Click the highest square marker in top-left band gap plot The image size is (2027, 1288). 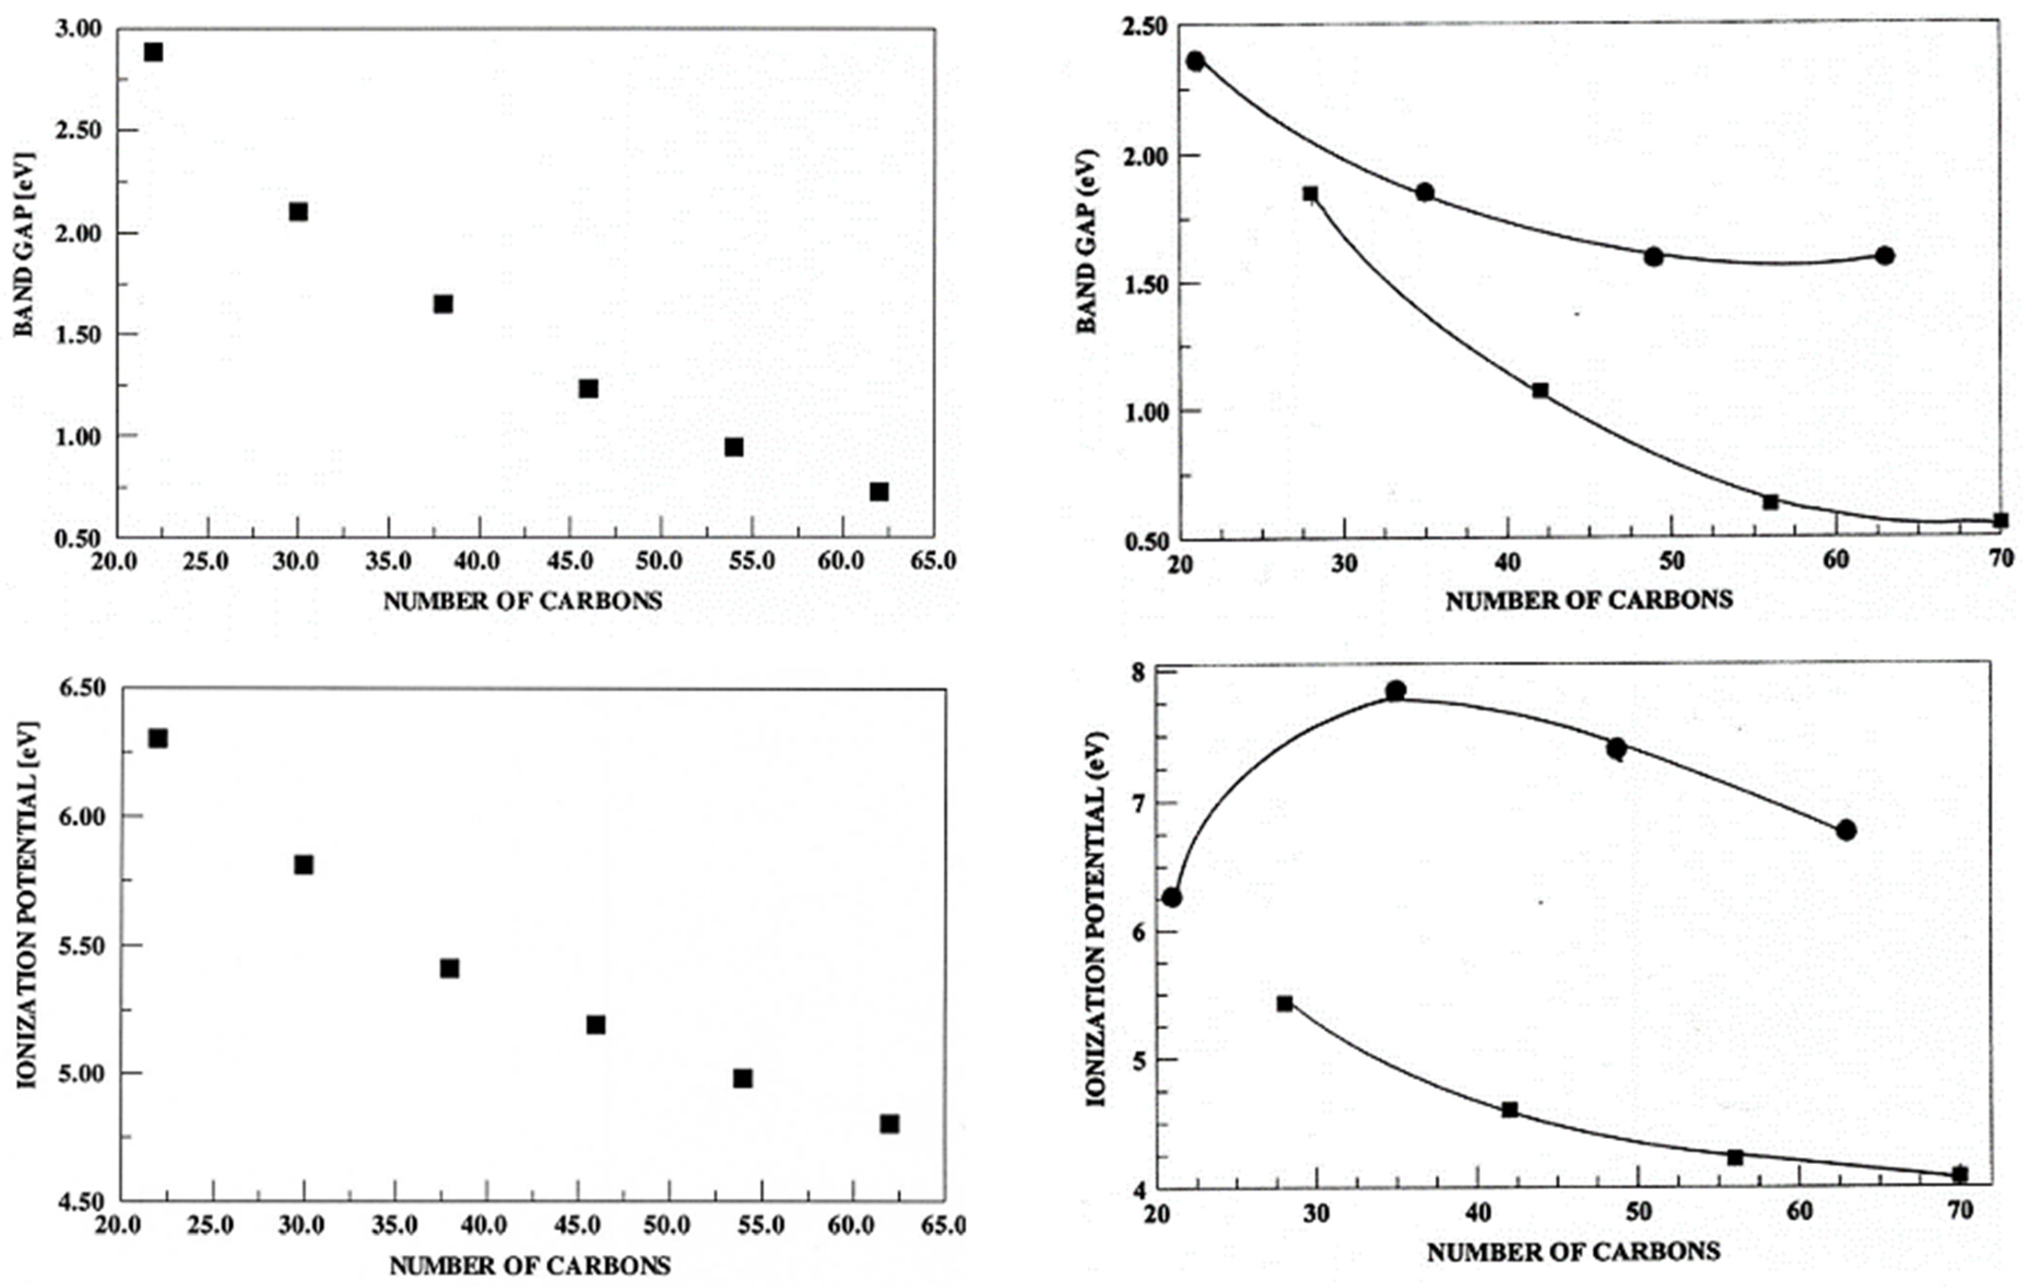[153, 52]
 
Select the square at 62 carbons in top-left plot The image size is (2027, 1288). [879, 492]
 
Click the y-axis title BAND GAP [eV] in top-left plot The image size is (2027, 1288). [25, 244]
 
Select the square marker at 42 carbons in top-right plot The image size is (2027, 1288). [1540, 391]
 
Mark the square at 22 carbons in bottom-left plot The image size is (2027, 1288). [157, 738]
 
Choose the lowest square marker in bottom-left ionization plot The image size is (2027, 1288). [889, 1124]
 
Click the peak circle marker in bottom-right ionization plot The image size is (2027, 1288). [1396, 691]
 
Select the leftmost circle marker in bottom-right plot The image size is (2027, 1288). [1172, 897]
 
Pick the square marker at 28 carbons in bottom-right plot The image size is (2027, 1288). [1285, 1003]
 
